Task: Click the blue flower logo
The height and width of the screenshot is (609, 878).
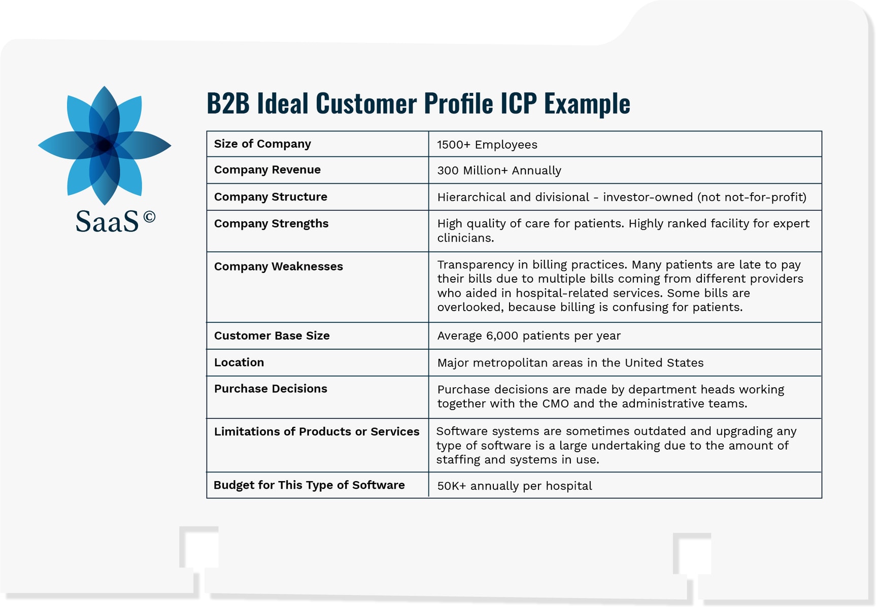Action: pos(105,146)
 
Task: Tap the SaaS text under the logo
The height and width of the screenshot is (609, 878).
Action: pos(107,221)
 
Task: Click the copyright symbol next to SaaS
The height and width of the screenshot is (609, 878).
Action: pos(149,217)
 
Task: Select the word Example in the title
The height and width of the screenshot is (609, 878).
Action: pos(587,104)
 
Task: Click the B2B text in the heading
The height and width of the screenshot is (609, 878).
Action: pos(228,104)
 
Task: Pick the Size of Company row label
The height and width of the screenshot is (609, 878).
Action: pos(262,144)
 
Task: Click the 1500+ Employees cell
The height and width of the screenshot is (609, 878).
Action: pos(487,145)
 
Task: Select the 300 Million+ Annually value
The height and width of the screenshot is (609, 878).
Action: pos(499,171)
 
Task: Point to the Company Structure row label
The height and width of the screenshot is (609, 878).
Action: pos(271,197)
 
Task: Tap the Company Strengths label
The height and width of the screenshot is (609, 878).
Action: pos(271,224)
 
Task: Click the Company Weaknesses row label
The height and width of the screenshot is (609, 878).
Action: pos(278,266)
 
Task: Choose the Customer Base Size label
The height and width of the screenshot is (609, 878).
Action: pos(272,336)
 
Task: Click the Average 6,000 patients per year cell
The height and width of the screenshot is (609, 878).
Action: pos(529,336)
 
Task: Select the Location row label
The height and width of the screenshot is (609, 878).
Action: pos(239,362)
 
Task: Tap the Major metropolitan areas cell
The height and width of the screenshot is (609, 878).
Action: pos(570,363)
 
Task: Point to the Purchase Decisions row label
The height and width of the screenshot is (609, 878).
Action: pos(271,389)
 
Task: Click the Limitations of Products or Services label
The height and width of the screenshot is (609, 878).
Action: pos(317,432)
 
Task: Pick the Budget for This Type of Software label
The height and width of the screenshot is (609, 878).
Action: pos(309,485)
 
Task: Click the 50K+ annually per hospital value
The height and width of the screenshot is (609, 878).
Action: pos(514,486)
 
